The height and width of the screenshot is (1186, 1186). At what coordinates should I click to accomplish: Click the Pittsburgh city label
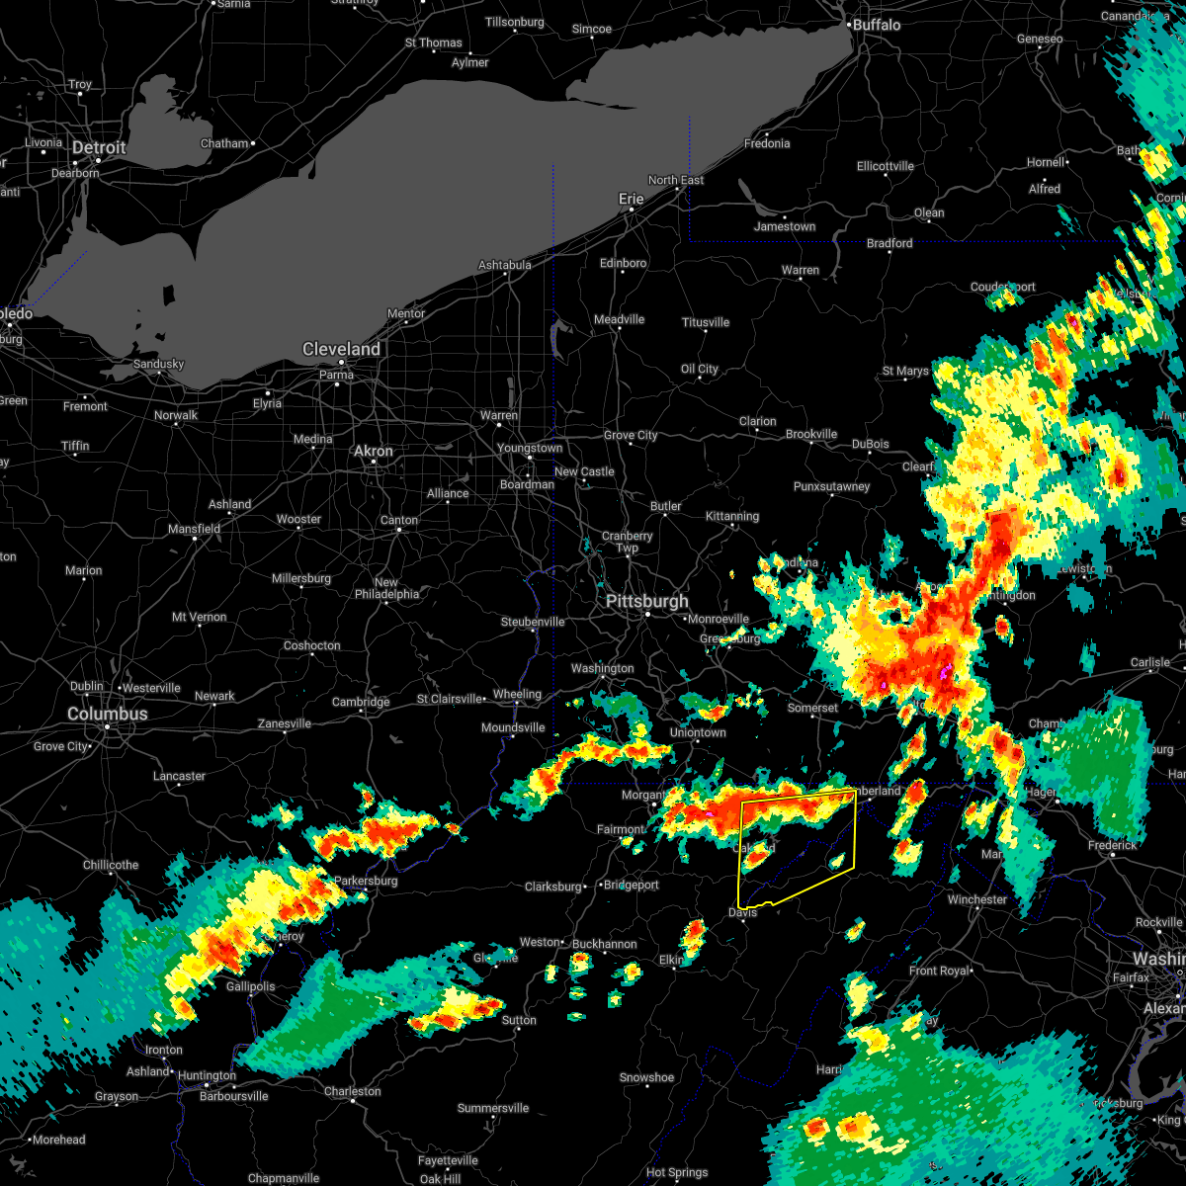coord(647,602)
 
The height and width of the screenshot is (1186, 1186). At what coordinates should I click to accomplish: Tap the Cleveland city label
coord(341,350)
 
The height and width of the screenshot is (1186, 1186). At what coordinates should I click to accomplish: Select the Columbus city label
coord(108,714)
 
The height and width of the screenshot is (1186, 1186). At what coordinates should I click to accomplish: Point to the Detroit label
coord(99,148)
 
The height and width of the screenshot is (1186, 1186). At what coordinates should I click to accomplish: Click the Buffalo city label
coord(877,25)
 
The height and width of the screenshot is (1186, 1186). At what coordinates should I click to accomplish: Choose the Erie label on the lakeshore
coord(632,199)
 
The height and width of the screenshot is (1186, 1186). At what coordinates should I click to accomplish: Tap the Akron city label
coord(374,451)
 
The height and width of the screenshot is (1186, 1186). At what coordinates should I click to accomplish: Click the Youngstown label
coord(530,448)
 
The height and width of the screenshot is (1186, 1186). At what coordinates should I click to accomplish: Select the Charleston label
coord(353,1091)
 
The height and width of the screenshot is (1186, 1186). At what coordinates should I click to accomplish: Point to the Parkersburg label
coord(366,881)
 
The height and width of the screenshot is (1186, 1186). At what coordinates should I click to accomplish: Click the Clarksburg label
coord(553,887)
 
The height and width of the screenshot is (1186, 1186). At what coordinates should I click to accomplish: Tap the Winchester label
coord(977,899)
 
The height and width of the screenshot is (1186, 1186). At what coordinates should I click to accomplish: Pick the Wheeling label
coord(517,694)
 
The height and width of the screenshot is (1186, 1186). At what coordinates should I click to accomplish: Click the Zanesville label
coord(285,723)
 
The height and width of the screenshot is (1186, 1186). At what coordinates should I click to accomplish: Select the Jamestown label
coord(785,226)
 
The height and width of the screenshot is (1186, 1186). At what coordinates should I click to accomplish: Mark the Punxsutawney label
coord(832,486)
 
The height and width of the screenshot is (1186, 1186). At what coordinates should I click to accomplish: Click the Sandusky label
coord(158,364)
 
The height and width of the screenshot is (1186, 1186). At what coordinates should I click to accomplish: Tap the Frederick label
coord(1112,845)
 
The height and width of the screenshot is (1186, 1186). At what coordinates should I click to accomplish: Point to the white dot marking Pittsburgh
coord(648,616)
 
